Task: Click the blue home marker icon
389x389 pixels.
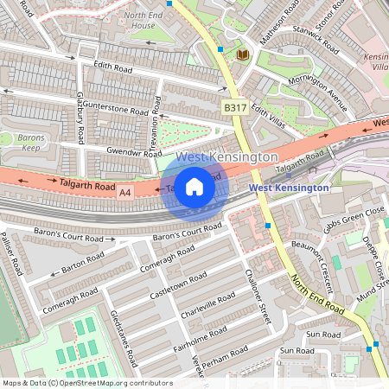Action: (194, 187)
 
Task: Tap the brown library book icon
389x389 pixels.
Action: (243, 54)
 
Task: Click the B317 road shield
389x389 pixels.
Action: (234, 108)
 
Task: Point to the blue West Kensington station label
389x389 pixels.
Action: (289, 188)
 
